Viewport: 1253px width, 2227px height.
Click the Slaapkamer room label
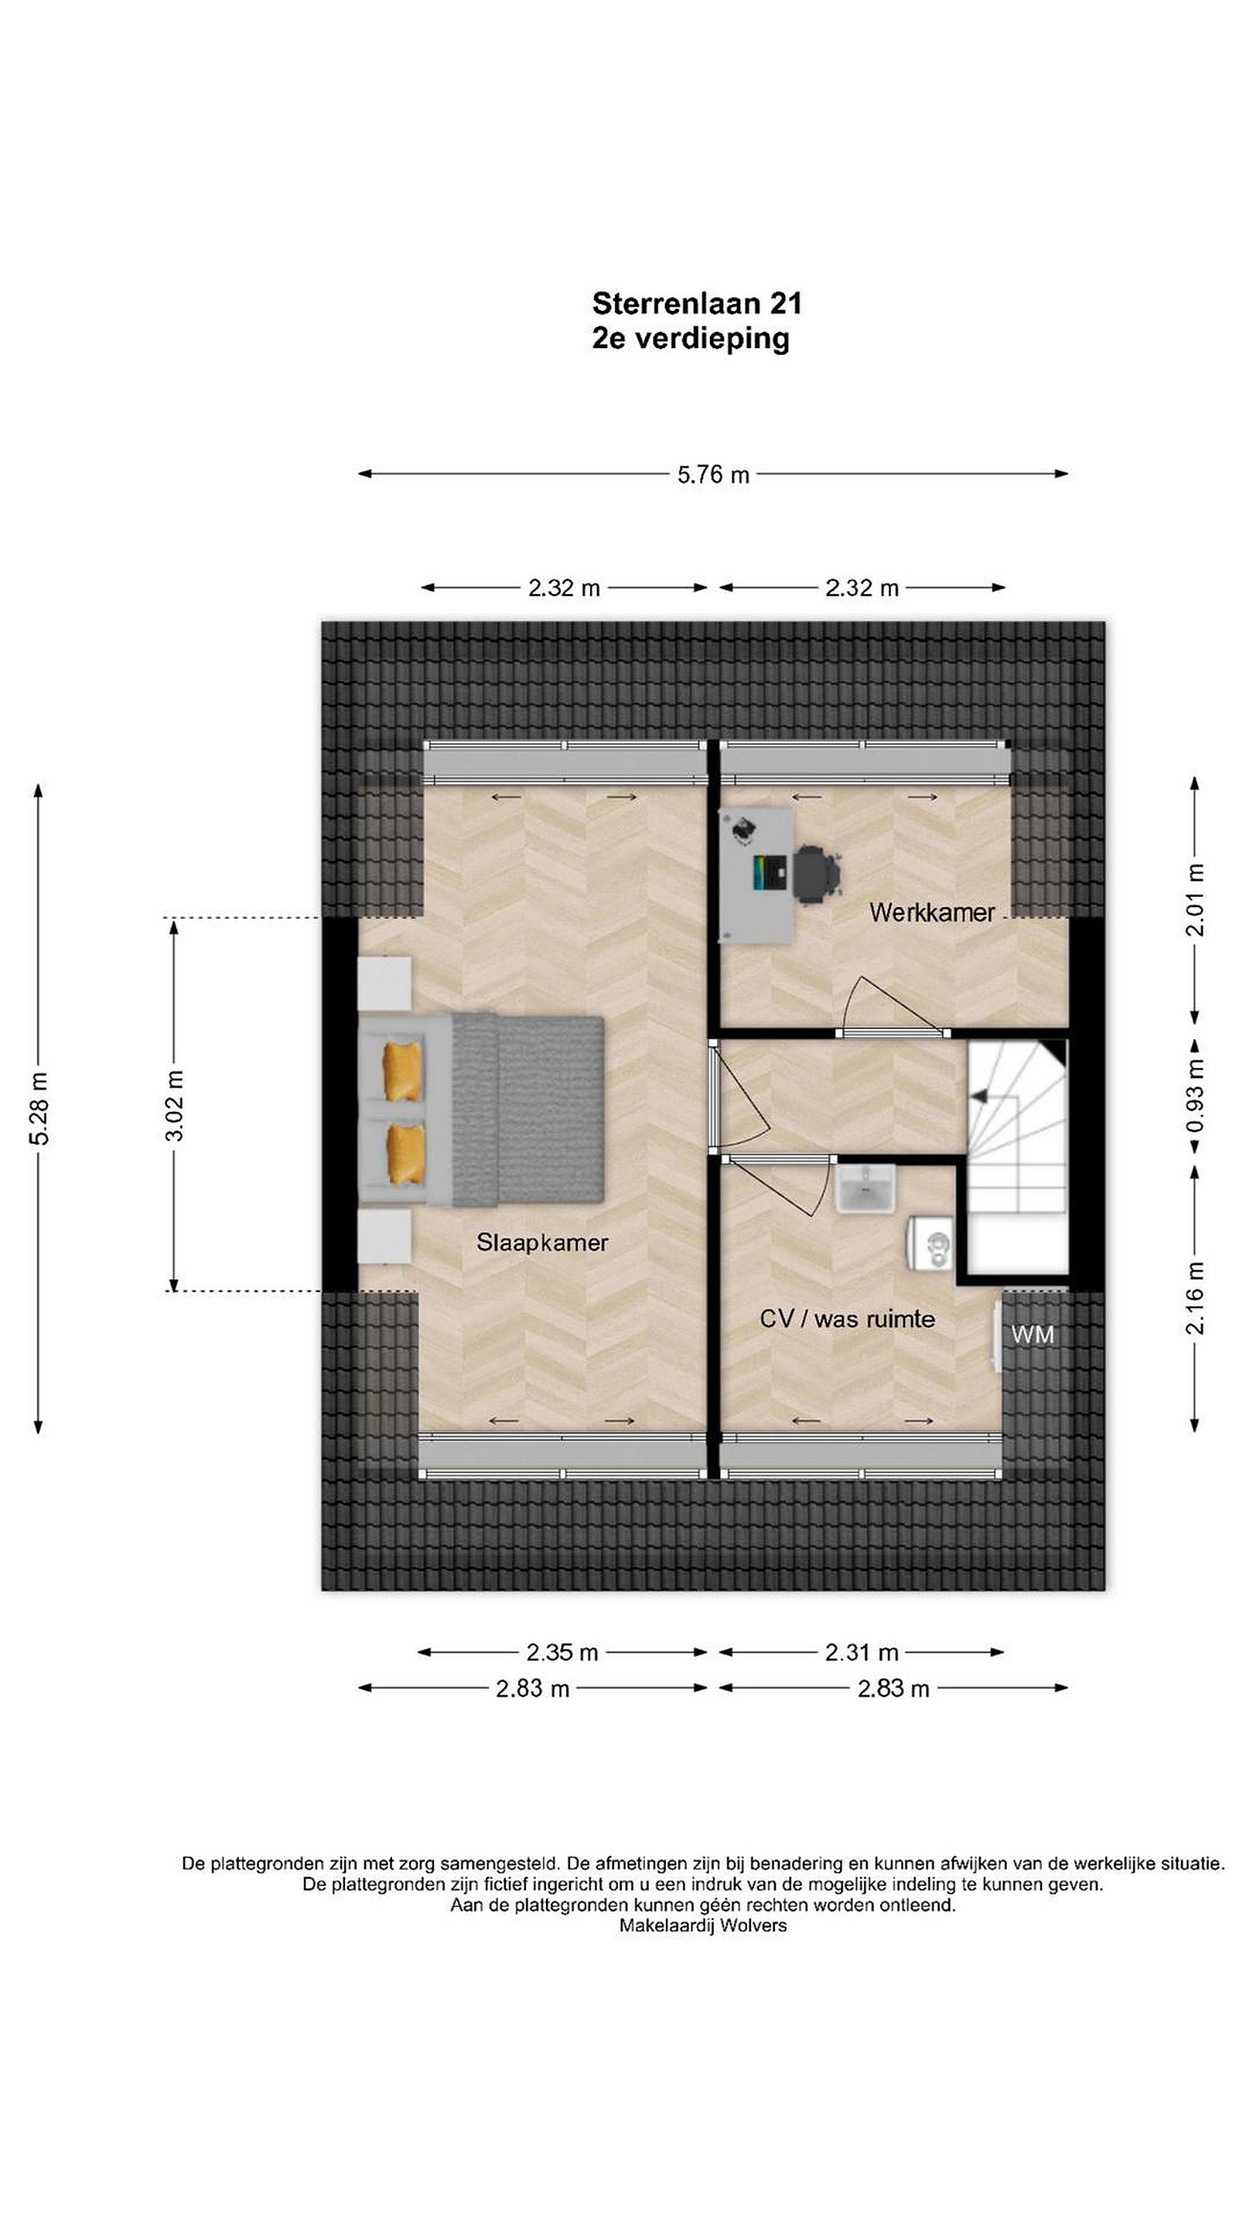point(542,1243)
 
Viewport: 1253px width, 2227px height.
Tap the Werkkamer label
point(932,912)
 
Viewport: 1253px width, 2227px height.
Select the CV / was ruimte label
point(847,1318)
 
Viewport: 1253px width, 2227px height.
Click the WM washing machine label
point(1033,1335)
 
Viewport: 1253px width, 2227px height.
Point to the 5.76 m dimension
point(713,475)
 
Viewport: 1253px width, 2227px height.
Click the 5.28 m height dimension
point(39,1107)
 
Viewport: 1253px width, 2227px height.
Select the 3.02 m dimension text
point(175,1106)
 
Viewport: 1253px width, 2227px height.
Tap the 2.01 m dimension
point(1195,900)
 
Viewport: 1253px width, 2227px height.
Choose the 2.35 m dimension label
point(562,1652)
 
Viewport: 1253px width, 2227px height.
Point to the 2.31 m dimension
point(862,1652)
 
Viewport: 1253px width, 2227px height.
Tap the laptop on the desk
point(771,873)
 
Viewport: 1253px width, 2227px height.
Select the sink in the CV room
point(865,1188)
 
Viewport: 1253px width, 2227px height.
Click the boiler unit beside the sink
point(930,1244)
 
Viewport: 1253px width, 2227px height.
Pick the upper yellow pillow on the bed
point(403,1072)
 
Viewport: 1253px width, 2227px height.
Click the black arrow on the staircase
point(979,1096)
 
